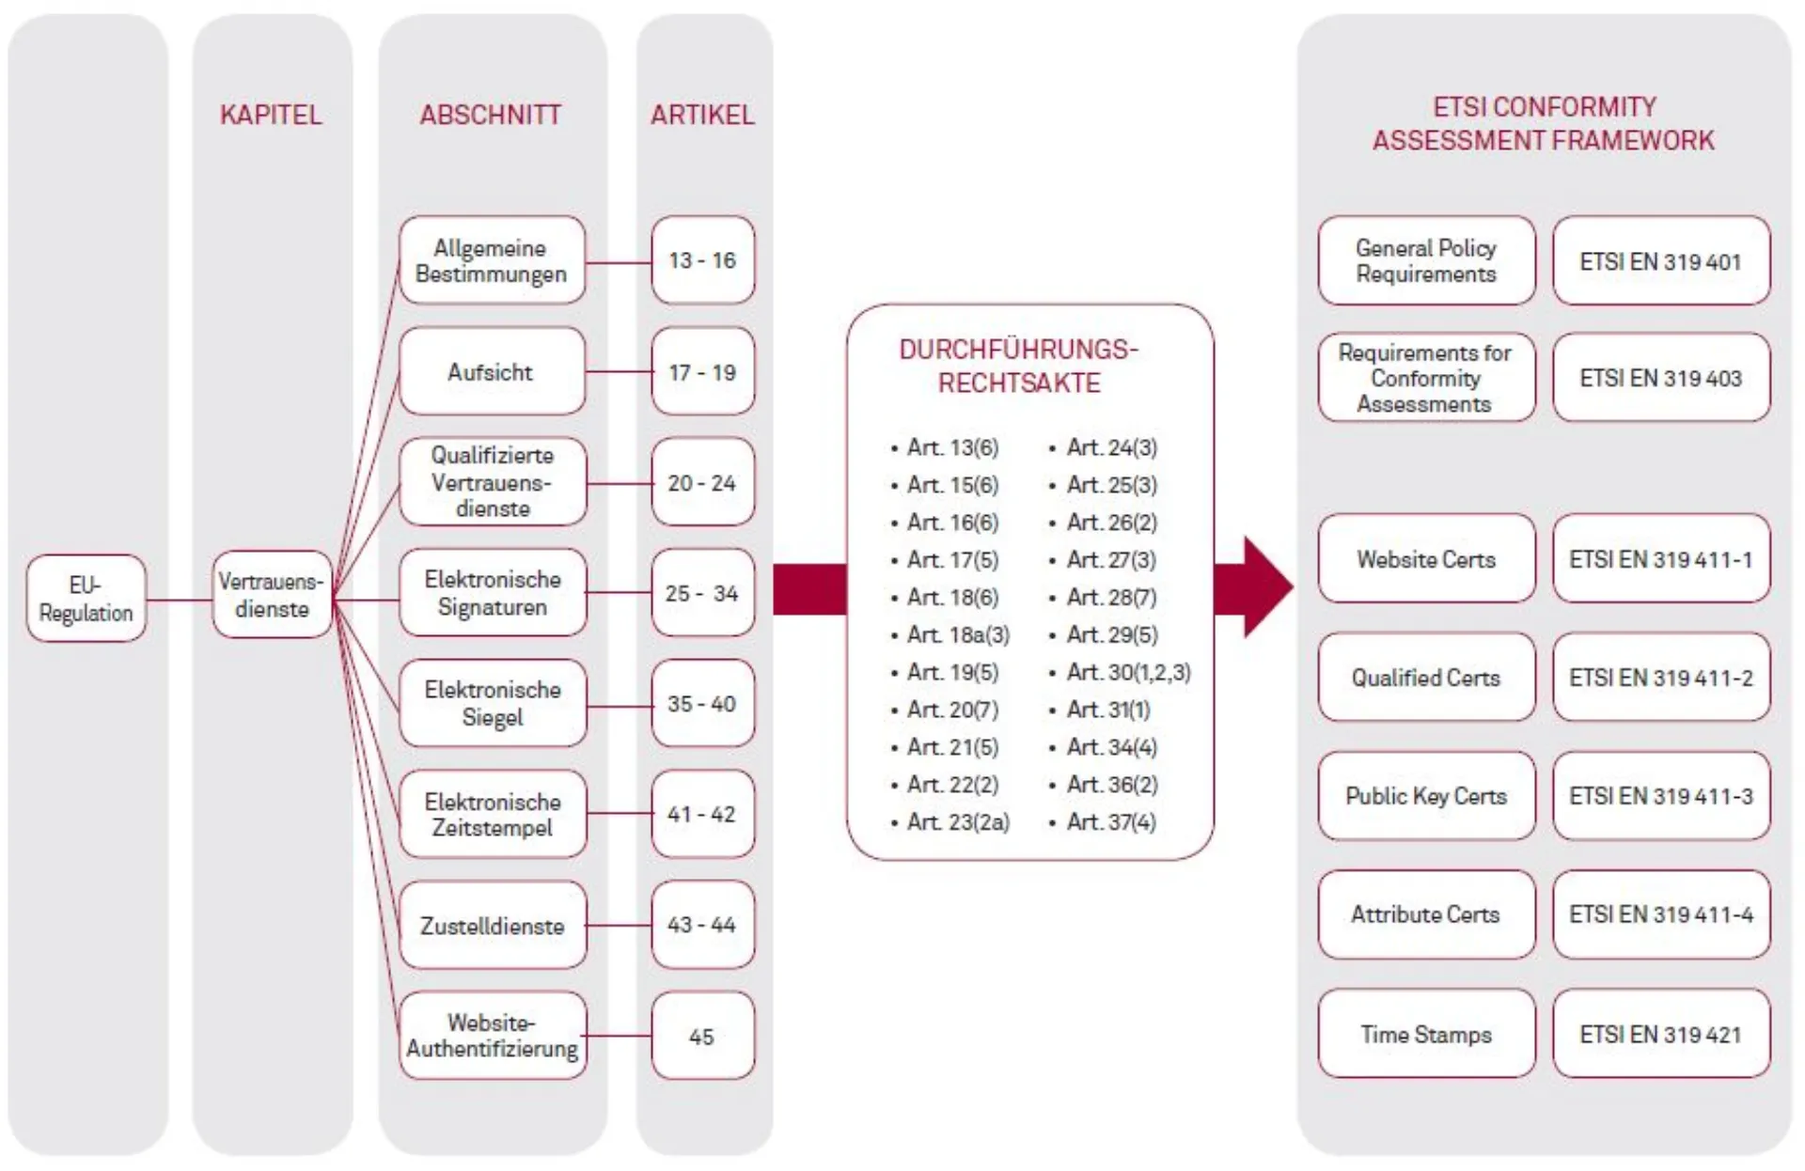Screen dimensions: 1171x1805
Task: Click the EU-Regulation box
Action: click(86, 599)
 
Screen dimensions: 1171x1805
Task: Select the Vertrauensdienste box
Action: click(272, 595)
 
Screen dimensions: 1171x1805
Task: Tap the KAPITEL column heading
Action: click(271, 115)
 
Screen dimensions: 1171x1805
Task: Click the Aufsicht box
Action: click(491, 372)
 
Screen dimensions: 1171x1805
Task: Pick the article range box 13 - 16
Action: click(702, 260)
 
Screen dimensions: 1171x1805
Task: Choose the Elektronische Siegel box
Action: click(492, 703)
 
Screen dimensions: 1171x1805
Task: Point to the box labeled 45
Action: click(702, 1037)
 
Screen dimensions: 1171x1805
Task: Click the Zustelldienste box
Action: click(492, 926)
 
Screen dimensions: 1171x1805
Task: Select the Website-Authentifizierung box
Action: click(492, 1036)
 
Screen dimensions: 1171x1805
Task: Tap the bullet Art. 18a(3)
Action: click(957, 635)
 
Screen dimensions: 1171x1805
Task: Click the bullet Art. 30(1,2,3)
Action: click(1127, 673)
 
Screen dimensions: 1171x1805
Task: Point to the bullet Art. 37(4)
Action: click(1110, 822)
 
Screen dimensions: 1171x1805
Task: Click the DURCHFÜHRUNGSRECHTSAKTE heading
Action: click(1019, 367)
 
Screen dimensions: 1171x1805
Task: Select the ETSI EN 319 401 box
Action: click(1660, 261)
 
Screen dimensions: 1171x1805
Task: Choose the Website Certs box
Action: click(1425, 559)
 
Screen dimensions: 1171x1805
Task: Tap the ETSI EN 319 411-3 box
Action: click(1660, 796)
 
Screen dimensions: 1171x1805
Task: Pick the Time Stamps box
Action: click(1425, 1035)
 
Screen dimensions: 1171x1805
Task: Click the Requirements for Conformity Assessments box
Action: click(1425, 378)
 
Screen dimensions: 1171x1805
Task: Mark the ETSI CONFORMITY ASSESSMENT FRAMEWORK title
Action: click(1543, 123)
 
